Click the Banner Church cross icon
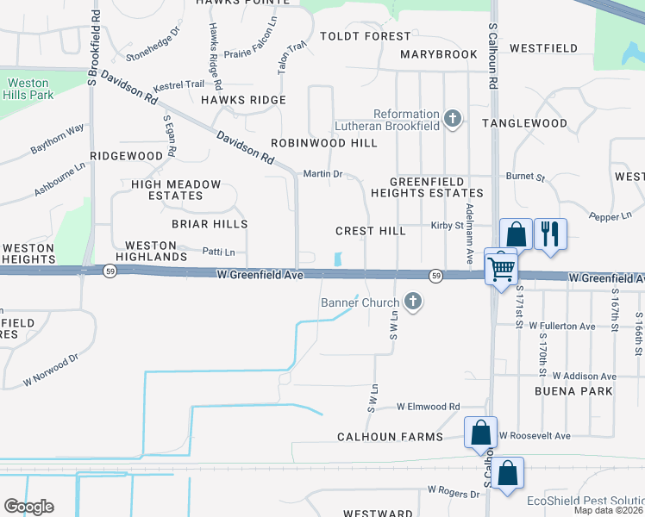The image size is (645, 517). (414, 302)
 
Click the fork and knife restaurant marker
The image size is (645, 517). (549, 233)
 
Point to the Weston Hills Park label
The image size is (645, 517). (28, 89)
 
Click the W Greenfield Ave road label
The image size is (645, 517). (260, 275)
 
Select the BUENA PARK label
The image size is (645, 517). (584, 390)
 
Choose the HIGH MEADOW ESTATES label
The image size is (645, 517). (176, 190)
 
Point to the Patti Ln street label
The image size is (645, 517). (218, 252)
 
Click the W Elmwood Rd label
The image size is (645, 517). (429, 407)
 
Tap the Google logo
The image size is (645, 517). (28, 506)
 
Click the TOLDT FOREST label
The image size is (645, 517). (365, 36)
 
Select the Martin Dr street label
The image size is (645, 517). (323, 174)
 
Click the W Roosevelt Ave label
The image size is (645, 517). (535, 436)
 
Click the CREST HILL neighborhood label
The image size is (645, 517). (371, 231)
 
